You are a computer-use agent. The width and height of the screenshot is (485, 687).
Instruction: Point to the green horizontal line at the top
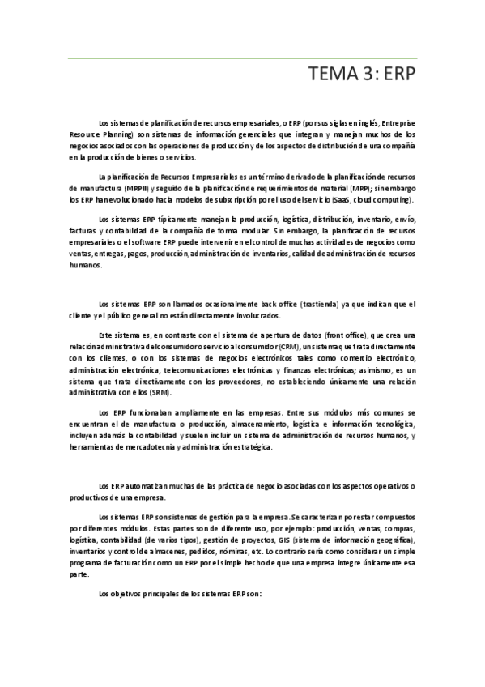pyautogui.click(x=242, y=58)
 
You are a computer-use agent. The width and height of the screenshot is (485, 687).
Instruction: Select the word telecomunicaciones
pyautogui.click(x=160, y=369)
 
